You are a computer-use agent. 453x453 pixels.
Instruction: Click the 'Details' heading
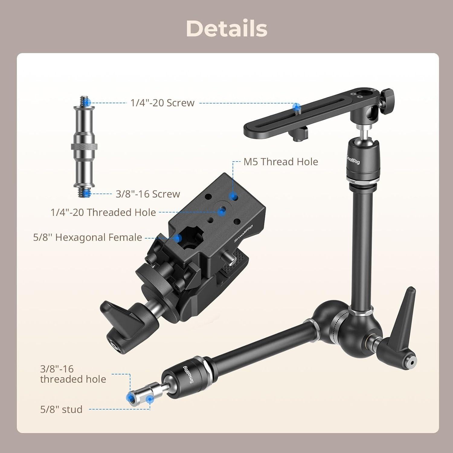coord(226,29)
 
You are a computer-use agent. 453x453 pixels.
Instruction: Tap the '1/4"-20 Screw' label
coord(162,103)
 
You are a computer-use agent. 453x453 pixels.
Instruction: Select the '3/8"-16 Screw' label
coord(148,194)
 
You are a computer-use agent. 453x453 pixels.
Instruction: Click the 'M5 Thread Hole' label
coord(281,162)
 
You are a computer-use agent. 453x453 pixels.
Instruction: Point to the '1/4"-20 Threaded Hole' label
coord(103,212)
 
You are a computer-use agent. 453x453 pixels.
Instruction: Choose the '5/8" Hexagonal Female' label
coord(88,237)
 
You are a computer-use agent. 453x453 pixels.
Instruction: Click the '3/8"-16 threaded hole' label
coord(73,374)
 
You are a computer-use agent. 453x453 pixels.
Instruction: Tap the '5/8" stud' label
coord(61,410)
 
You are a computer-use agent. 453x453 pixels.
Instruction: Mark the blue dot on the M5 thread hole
coord(232,197)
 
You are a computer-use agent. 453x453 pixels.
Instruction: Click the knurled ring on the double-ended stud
coord(84,147)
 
